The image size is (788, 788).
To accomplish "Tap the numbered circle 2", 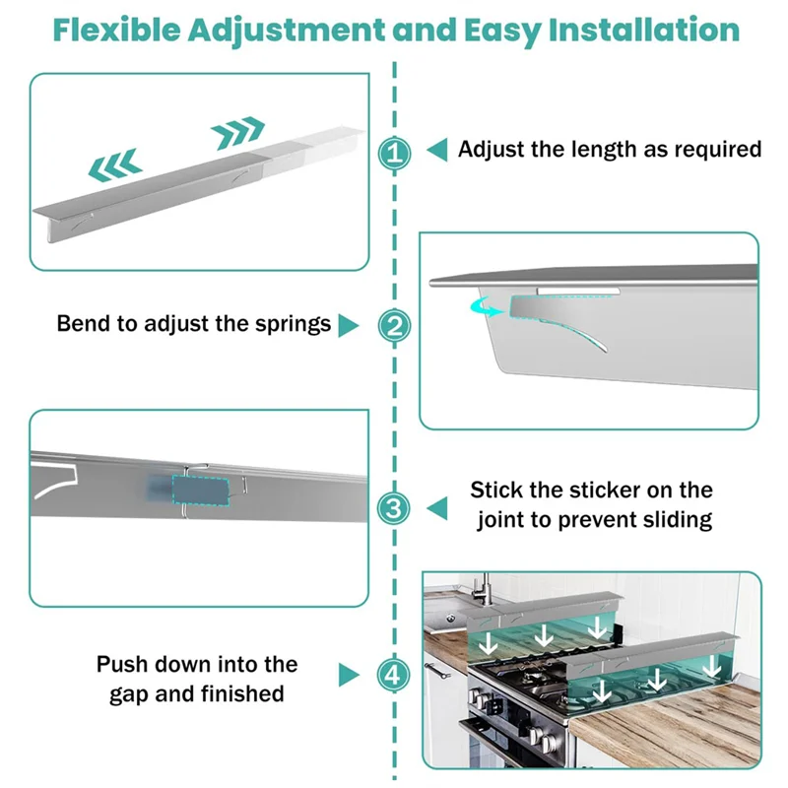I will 394,325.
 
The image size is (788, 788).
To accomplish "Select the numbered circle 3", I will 394,508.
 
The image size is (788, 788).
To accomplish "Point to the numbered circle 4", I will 394,675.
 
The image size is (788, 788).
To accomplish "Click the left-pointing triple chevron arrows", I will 115,166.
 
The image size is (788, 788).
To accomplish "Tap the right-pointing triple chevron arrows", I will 238,128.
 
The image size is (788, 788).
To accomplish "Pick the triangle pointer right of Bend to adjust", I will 348,325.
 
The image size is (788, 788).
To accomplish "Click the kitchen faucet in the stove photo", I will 485,596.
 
